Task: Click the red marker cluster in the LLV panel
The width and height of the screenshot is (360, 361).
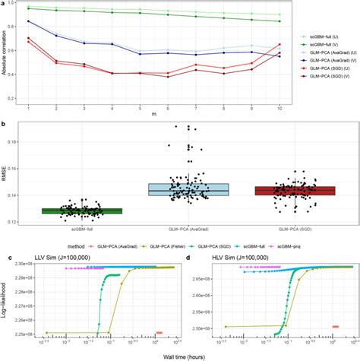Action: [159, 332]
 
